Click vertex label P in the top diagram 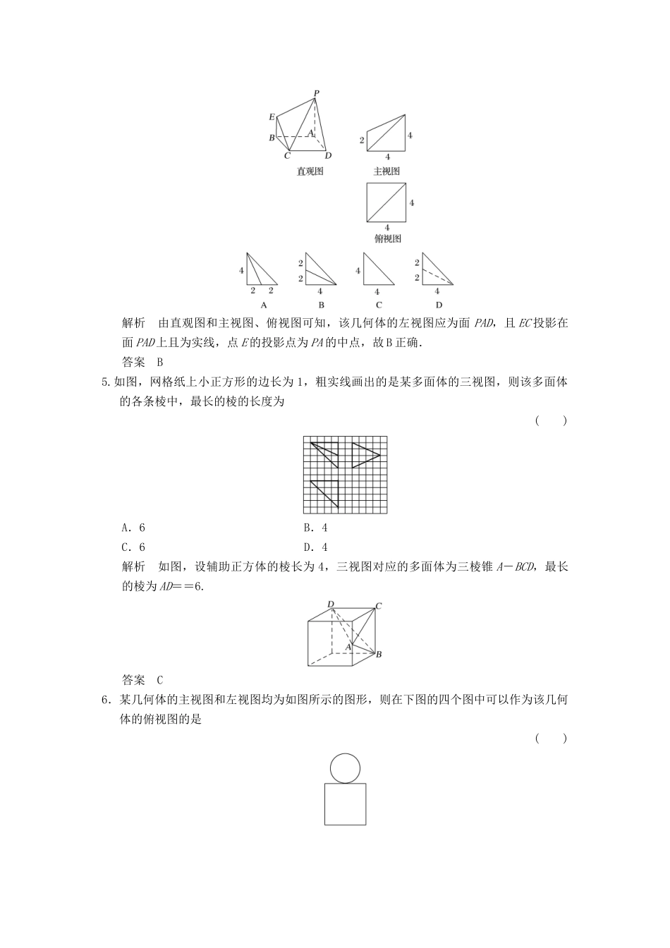point(316,92)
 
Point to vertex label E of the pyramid point(272,117)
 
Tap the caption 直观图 point(310,171)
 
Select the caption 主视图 point(386,171)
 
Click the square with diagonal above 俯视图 point(386,202)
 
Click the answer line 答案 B point(142,362)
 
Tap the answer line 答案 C point(142,680)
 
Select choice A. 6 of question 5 point(133,528)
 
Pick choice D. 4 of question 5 point(316,547)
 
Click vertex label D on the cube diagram point(330,604)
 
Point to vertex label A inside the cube point(348,646)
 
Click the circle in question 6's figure point(345,768)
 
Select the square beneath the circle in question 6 point(345,804)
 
